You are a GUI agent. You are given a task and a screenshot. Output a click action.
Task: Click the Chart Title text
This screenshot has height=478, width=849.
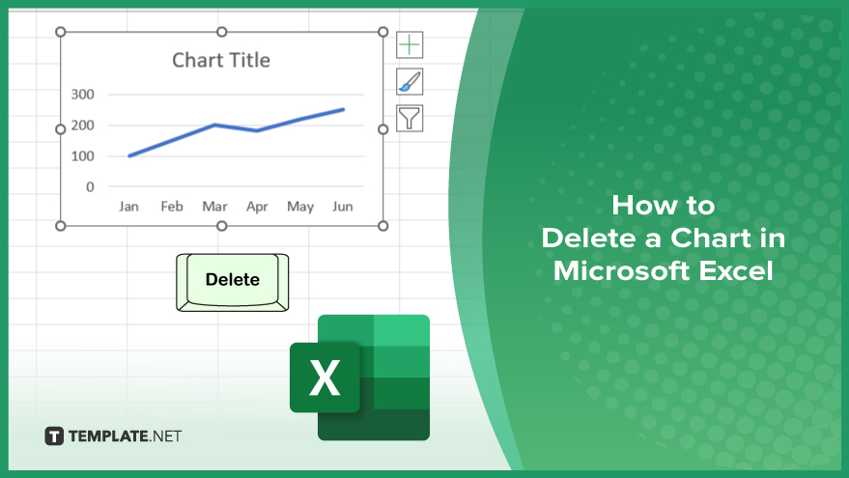(x=221, y=60)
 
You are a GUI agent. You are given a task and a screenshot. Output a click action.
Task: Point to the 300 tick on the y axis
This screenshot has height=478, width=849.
(x=82, y=95)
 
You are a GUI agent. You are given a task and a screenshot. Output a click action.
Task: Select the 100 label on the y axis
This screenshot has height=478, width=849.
(x=82, y=155)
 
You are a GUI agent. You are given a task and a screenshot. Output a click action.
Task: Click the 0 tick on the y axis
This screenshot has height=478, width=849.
(x=90, y=186)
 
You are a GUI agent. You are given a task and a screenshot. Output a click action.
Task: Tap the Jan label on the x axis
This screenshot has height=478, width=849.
(x=128, y=207)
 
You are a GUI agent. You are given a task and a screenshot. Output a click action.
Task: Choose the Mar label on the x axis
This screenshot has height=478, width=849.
(x=214, y=207)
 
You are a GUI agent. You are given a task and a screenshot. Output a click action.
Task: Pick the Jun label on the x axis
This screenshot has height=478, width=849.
(x=343, y=207)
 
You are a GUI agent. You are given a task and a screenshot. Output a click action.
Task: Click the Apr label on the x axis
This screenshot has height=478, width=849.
(x=257, y=207)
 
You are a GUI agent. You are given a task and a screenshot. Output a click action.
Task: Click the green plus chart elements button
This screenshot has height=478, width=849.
(x=410, y=44)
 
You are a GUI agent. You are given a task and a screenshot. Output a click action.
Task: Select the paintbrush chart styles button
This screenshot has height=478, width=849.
(x=410, y=82)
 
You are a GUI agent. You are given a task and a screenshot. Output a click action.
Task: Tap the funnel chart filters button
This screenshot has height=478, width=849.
(x=410, y=119)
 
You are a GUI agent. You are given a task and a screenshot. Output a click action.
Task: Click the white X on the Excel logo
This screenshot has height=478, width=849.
(x=325, y=378)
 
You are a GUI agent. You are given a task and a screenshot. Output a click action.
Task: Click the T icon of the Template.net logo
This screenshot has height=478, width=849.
(x=53, y=436)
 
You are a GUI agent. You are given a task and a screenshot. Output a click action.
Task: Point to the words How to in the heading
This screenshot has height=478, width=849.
(x=664, y=205)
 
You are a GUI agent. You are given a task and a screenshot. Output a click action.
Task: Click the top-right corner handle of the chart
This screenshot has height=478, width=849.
(x=382, y=32)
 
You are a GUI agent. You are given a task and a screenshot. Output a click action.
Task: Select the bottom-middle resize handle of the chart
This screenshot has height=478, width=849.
(x=221, y=226)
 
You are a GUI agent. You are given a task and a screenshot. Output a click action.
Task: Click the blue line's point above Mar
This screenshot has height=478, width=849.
(x=215, y=125)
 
